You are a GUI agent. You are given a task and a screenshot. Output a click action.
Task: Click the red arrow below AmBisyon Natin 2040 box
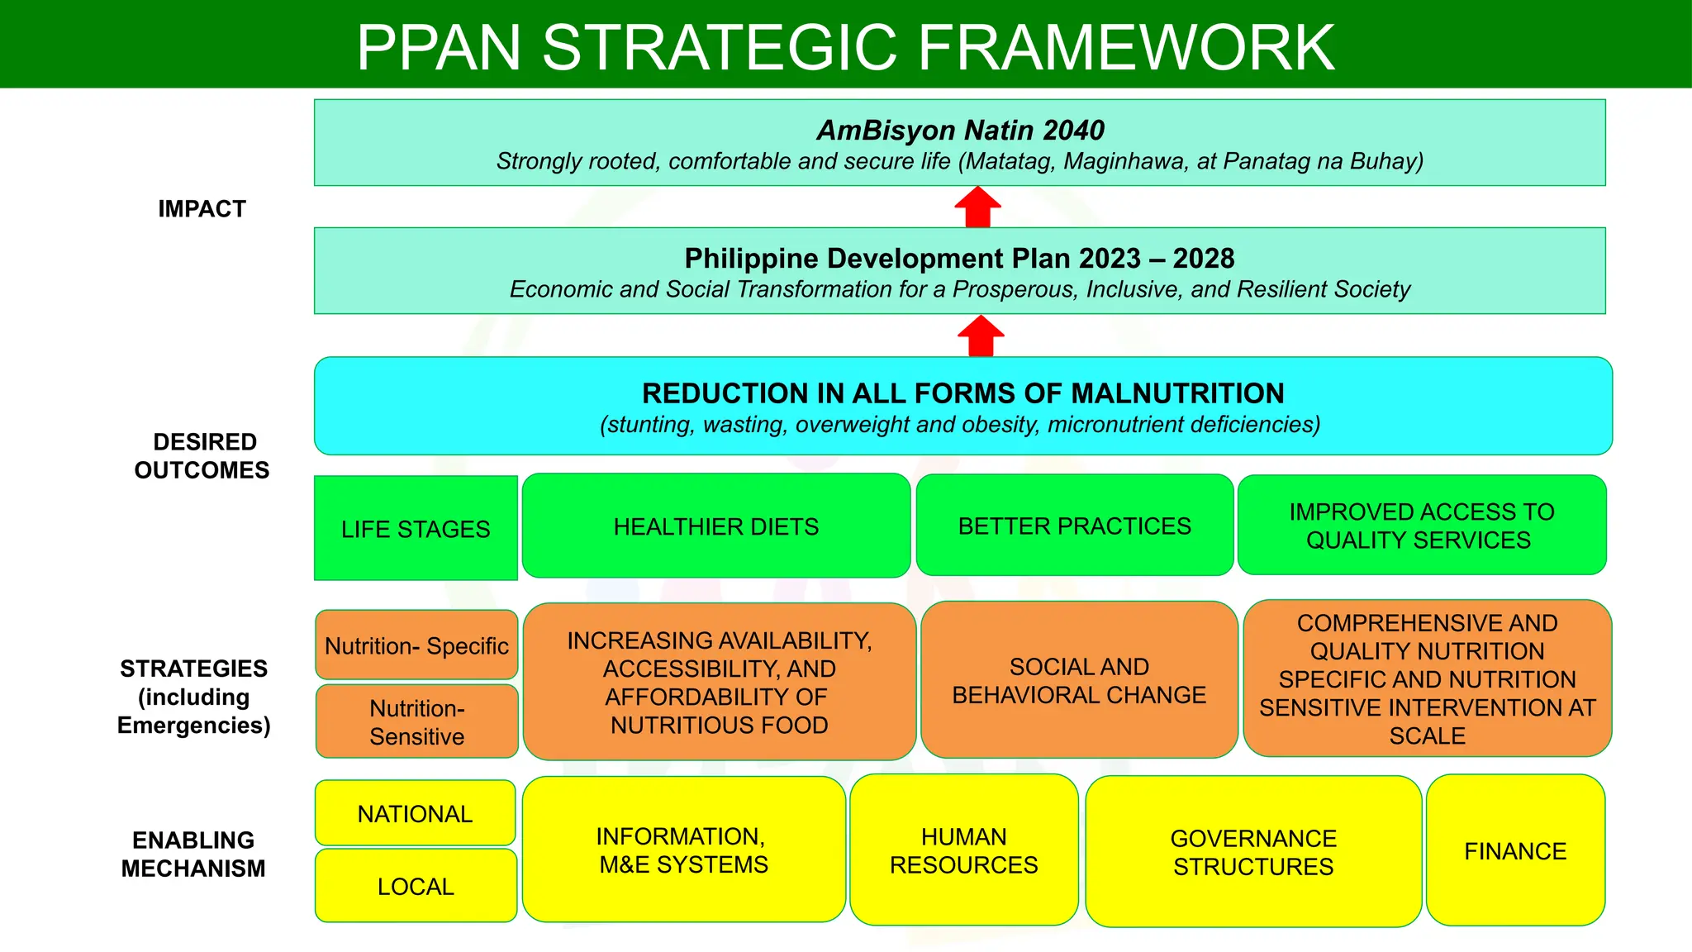[x=977, y=207]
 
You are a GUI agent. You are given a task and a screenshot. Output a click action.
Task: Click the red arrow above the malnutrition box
[x=981, y=336]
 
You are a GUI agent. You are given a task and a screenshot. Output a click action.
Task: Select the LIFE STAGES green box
[x=416, y=528]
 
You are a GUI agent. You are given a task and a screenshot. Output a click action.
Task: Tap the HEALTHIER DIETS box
[x=716, y=526]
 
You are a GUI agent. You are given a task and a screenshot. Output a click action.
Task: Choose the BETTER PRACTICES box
[x=1074, y=526]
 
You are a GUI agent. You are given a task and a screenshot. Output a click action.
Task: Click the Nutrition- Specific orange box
[x=416, y=645]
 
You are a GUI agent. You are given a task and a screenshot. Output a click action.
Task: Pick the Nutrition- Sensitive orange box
[x=416, y=721]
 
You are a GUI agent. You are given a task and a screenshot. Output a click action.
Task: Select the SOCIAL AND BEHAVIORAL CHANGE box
[x=1079, y=680]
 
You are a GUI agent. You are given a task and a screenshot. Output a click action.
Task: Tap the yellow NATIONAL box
[x=415, y=813]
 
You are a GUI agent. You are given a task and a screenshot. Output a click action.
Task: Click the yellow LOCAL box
[x=416, y=886]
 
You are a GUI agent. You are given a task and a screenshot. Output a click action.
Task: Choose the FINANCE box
[x=1515, y=850]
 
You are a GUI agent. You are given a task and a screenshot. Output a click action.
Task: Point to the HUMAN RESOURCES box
[x=963, y=850]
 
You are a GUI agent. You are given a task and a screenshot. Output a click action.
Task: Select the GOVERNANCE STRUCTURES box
[x=1252, y=852]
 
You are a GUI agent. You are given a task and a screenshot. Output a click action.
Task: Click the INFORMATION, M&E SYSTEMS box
[x=683, y=850]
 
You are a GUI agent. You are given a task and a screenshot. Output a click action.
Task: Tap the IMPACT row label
[x=202, y=208]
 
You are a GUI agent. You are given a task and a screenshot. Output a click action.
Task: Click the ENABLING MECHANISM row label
[x=193, y=854]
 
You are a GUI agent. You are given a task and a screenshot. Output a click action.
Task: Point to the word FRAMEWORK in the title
[x=1126, y=47]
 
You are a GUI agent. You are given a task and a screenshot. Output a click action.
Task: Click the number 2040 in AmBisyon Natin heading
[x=1073, y=130]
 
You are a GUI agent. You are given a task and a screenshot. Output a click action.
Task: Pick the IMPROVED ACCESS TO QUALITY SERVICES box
[x=1421, y=526]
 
